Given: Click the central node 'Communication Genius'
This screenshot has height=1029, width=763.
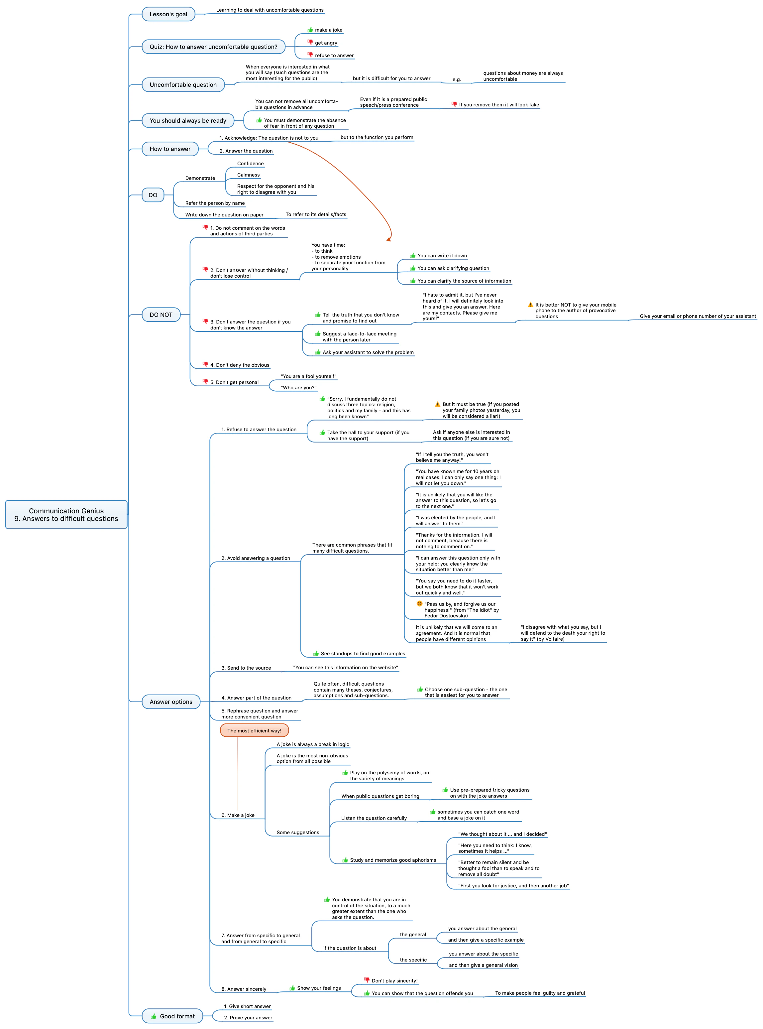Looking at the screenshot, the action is click(x=66, y=514).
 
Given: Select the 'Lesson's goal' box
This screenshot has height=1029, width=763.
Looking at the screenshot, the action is click(x=168, y=14).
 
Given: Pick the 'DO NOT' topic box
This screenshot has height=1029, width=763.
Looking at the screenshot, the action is click(x=161, y=315).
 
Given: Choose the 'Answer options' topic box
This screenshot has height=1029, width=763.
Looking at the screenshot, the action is click(x=171, y=702).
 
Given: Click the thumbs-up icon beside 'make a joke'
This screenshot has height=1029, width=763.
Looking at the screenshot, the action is click(x=310, y=30).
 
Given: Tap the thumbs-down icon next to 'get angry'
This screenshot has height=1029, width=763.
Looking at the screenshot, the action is click(x=310, y=42).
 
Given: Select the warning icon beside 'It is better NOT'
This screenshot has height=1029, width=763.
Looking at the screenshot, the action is click(x=531, y=305).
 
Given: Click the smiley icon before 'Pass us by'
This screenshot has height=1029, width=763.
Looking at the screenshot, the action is click(x=419, y=603).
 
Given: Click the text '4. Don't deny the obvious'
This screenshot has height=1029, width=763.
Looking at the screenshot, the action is click(x=240, y=365).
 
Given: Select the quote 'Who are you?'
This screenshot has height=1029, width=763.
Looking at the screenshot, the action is click(x=298, y=388).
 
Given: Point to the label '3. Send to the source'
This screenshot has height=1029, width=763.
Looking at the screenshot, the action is click(x=246, y=668).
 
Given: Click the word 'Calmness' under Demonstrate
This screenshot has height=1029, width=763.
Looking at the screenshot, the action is click(x=249, y=175).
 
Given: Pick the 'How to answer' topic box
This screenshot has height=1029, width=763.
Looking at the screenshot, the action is click(x=170, y=149).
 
